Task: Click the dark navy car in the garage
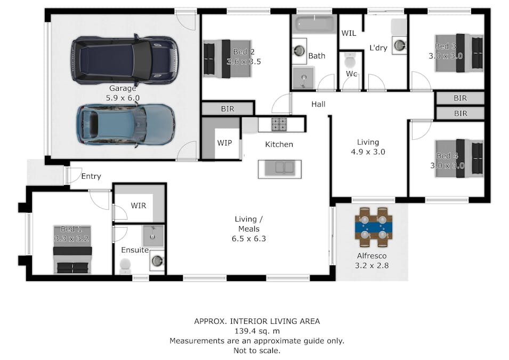(x=125, y=60)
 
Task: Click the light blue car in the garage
(x=126, y=125)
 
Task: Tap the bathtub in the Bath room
(x=314, y=24)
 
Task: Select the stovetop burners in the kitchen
(x=279, y=124)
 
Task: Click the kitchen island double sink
(x=280, y=169)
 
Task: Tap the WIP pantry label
(x=224, y=143)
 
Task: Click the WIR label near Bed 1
(x=139, y=206)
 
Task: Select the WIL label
(x=349, y=33)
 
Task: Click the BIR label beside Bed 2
(x=228, y=109)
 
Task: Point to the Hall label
(x=318, y=105)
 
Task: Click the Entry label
(x=91, y=177)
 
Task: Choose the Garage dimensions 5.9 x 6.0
(x=123, y=98)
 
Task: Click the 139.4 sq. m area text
(x=257, y=331)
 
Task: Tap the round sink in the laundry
(x=400, y=45)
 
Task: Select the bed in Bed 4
(x=459, y=158)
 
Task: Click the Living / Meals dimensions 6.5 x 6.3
(x=249, y=239)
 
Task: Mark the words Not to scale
(x=257, y=351)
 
